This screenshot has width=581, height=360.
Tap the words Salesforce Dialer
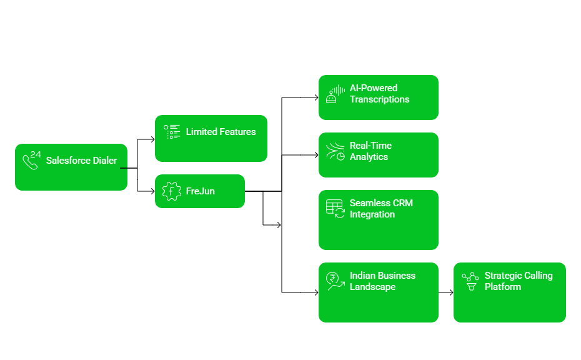81,161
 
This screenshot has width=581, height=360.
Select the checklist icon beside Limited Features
172,132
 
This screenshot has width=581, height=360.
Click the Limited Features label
221,132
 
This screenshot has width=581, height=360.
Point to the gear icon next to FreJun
171,191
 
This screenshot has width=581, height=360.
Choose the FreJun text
200,191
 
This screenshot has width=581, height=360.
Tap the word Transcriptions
379,99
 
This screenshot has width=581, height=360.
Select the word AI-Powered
374,88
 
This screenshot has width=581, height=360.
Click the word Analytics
369,157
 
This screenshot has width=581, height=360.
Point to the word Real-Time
370,146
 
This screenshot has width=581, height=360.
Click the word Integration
372,214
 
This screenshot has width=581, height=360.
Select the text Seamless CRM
381,203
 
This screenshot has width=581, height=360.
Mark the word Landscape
372,287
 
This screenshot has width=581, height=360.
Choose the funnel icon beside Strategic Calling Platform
470,281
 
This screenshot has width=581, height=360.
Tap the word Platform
502,287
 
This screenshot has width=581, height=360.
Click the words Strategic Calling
519,276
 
